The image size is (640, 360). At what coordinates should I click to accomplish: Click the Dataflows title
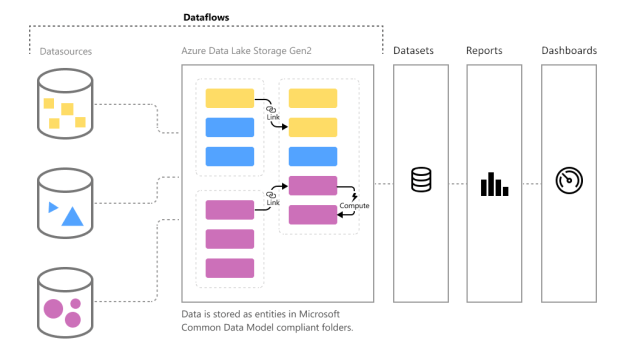point(206,18)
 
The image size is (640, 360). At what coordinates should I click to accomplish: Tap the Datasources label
point(66,51)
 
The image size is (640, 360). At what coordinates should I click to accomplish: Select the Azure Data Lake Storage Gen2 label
point(247,51)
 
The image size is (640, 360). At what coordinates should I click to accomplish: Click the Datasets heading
point(413,51)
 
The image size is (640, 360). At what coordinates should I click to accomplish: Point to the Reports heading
point(484,51)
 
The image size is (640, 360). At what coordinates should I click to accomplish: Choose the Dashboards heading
point(569,51)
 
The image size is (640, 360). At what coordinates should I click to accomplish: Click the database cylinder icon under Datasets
point(421,180)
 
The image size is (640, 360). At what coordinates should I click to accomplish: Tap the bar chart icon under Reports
point(494,184)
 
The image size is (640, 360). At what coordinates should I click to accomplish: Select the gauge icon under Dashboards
point(569,180)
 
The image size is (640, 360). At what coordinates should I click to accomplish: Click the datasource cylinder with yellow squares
point(65,104)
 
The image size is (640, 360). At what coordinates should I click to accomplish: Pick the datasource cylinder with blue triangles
point(65,203)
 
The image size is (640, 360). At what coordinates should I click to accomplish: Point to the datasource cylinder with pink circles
point(65,302)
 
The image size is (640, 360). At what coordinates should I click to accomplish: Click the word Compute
point(354,206)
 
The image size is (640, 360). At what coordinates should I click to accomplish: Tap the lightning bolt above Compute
point(354,197)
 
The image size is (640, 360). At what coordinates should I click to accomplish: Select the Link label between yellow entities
point(273,117)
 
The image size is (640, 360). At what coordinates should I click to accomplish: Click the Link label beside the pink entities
point(273,202)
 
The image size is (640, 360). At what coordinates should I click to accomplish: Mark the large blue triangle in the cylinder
point(73,216)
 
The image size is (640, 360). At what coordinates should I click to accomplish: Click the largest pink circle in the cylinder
point(53,309)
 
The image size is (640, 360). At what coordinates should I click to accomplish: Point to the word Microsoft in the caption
point(319,314)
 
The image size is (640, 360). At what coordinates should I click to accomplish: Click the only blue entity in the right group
point(313,156)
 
